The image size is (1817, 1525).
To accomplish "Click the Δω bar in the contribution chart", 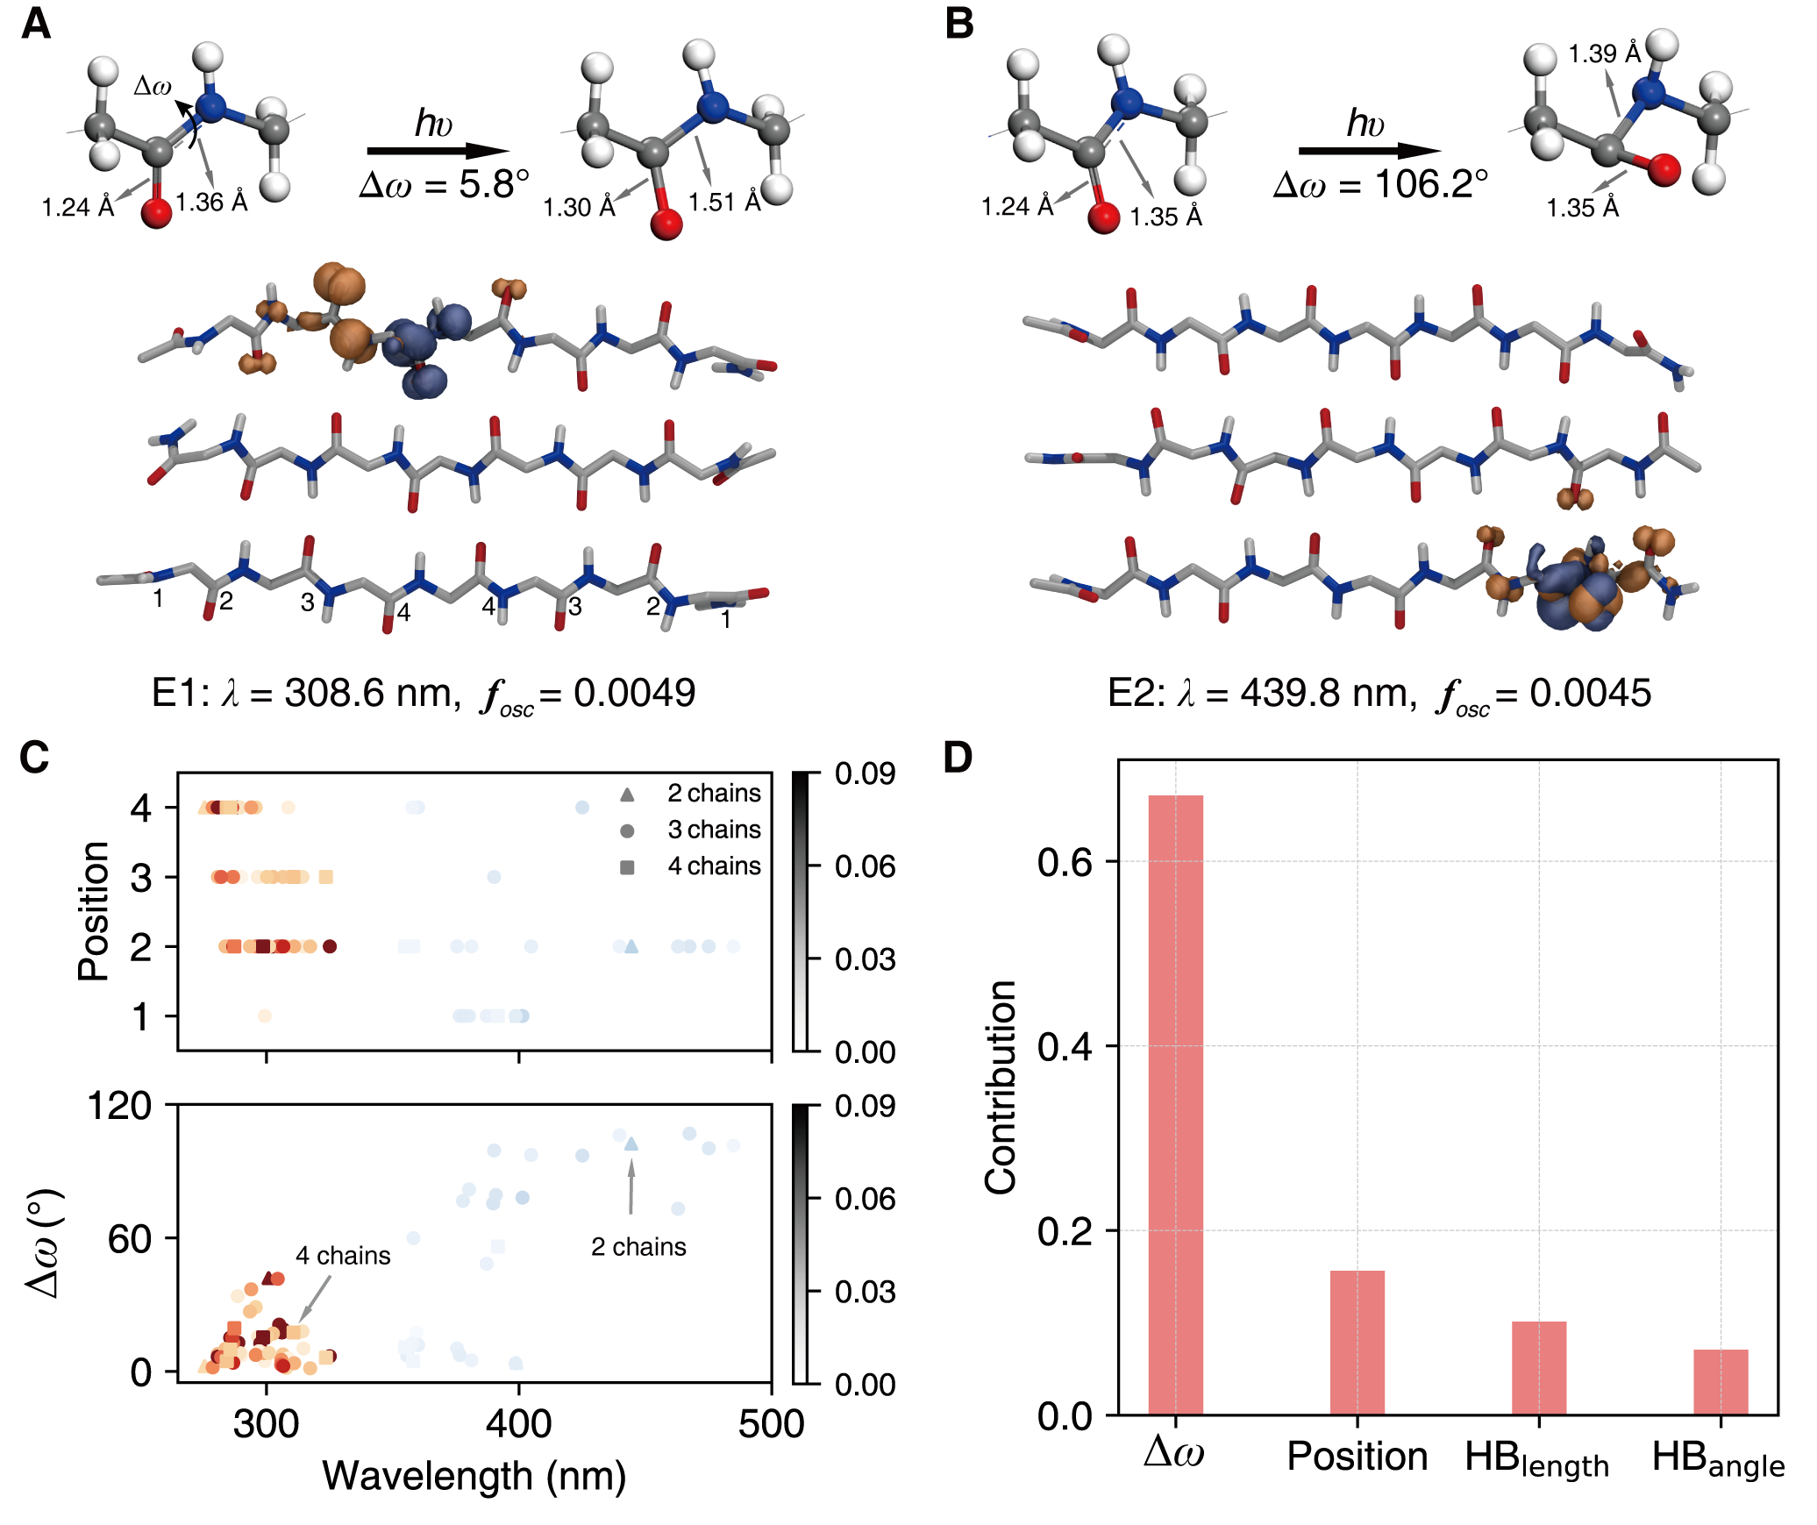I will (1175, 1104).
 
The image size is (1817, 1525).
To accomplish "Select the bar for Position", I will (1357, 1342).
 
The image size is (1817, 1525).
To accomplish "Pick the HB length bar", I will (1538, 1367).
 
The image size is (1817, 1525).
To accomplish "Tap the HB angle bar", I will (1720, 1381).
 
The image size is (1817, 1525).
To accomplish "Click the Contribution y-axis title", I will (1000, 1087).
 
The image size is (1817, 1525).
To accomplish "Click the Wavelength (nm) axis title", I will (474, 1476).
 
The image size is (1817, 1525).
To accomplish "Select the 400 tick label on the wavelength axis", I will (518, 1423).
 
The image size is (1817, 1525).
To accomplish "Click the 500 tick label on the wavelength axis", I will (771, 1423).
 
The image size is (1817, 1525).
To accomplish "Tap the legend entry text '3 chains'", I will (714, 830).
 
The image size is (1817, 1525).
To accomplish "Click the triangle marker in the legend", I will (627, 795).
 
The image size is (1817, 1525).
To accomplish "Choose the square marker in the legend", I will (627, 867).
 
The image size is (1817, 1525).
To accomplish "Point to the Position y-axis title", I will (94, 911).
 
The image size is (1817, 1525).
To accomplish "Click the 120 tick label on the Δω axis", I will (119, 1106).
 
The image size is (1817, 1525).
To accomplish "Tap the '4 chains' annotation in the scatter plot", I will (343, 1256).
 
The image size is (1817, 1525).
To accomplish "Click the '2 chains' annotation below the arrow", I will (638, 1247).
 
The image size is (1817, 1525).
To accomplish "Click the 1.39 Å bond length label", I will (1604, 54).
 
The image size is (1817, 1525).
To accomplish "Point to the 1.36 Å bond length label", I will (211, 203).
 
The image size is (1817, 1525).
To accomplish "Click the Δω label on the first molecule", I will (153, 86).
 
